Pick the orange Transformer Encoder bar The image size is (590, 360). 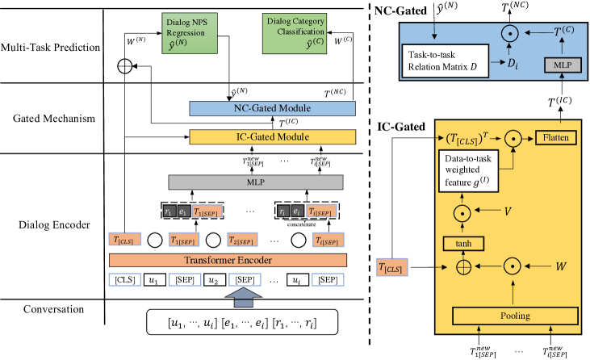[227, 260]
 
